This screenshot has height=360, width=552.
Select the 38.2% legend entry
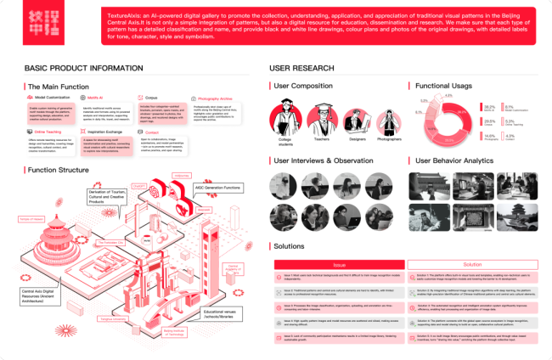point(491,109)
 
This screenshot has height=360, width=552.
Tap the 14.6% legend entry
point(491,136)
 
